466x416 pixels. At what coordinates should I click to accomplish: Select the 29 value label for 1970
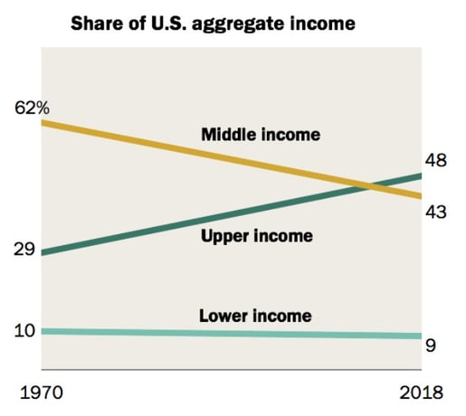(x=24, y=249)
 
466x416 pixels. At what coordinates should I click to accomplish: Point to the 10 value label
(x=24, y=330)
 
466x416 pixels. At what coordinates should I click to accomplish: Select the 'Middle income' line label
(x=261, y=135)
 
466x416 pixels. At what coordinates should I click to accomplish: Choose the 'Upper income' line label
(x=257, y=236)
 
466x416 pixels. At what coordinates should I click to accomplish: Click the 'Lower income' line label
(x=254, y=316)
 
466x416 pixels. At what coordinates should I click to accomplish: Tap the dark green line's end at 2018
(x=420, y=175)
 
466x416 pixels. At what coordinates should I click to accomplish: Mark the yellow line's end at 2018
(x=420, y=196)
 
